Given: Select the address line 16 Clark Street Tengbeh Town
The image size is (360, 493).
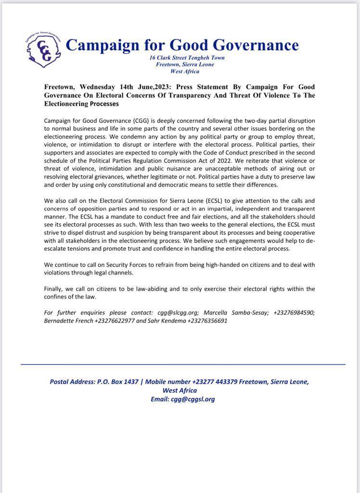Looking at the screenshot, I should [187, 58].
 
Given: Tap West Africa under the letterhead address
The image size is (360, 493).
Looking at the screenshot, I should [185, 71].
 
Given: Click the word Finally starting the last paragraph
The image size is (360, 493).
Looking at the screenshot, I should [56, 289].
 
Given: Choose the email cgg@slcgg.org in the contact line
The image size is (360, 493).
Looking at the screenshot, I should [177, 312].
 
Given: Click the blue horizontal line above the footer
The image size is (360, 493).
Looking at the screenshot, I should [183, 364].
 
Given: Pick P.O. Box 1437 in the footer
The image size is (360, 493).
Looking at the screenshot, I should [116, 382].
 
